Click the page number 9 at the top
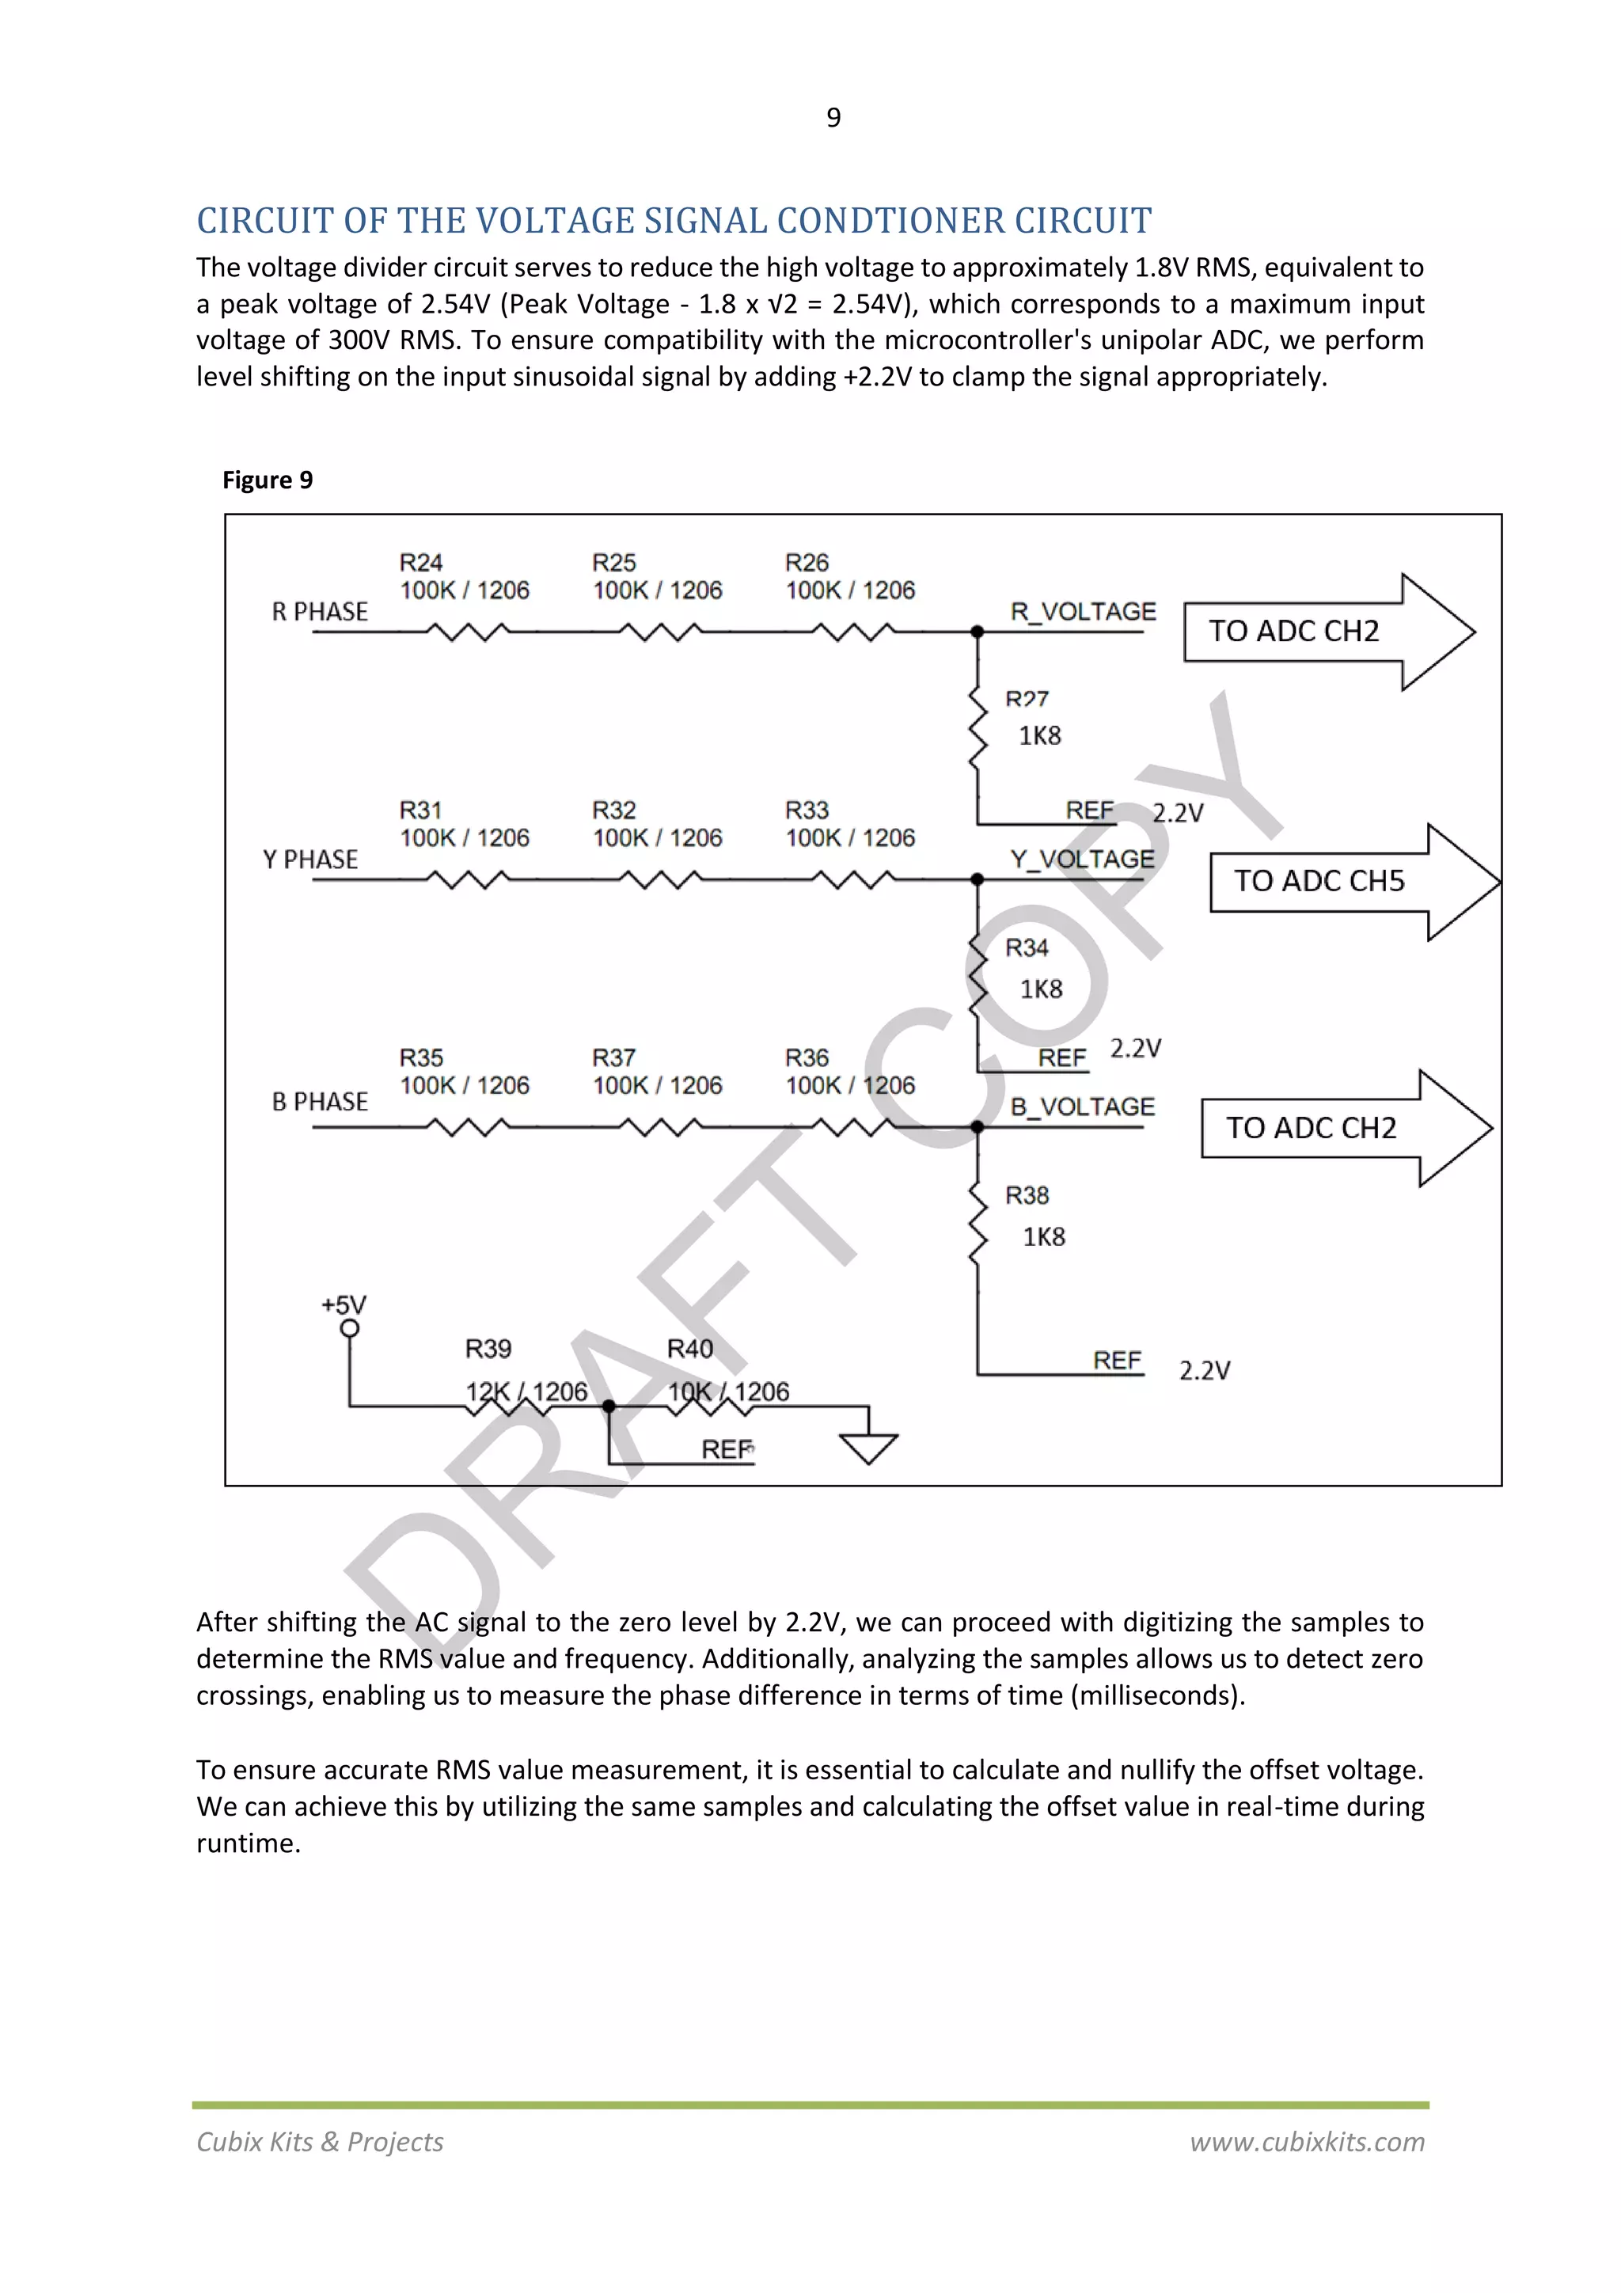click(x=833, y=118)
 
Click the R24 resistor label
click(x=420, y=562)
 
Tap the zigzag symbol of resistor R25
click(x=659, y=631)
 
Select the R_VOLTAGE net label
click(x=1083, y=611)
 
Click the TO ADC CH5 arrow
click(x=1353, y=881)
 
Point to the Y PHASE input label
click(x=309, y=859)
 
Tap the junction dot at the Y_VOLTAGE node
click(x=977, y=879)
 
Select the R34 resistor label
click(x=1027, y=947)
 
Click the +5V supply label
click(x=344, y=1304)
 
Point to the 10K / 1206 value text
click(x=728, y=1391)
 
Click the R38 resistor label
click(x=1027, y=1194)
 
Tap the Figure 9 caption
click(x=268, y=480)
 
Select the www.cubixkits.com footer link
click(x=1307, y=2141)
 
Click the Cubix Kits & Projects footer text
click(x=320, y=2141)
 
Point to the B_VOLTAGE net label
click(x=1083, y=1106)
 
